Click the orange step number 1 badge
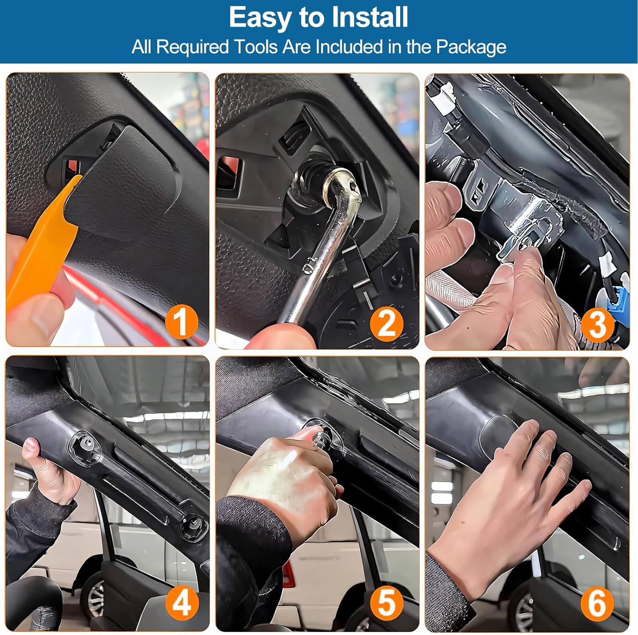(x=182, y=322)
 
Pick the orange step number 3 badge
(x=598, y=324)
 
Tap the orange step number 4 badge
(x=182, y=603)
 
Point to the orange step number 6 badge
(x=597, y=604)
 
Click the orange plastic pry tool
(x=38, y=247)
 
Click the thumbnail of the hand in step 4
(x=30, y=446)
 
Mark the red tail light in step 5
(x=288, y=574)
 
